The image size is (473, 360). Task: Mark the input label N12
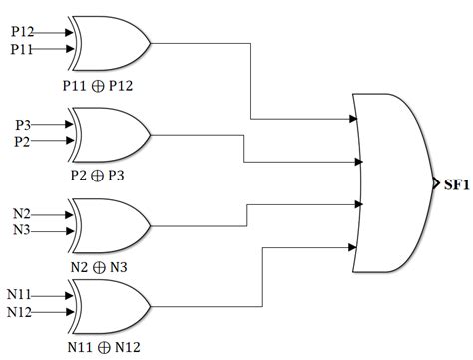click(21, 313)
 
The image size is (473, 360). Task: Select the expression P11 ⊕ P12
click(98, 85)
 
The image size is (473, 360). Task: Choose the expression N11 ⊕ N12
click(98, 348)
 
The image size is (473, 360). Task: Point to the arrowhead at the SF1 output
click(435, 183)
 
